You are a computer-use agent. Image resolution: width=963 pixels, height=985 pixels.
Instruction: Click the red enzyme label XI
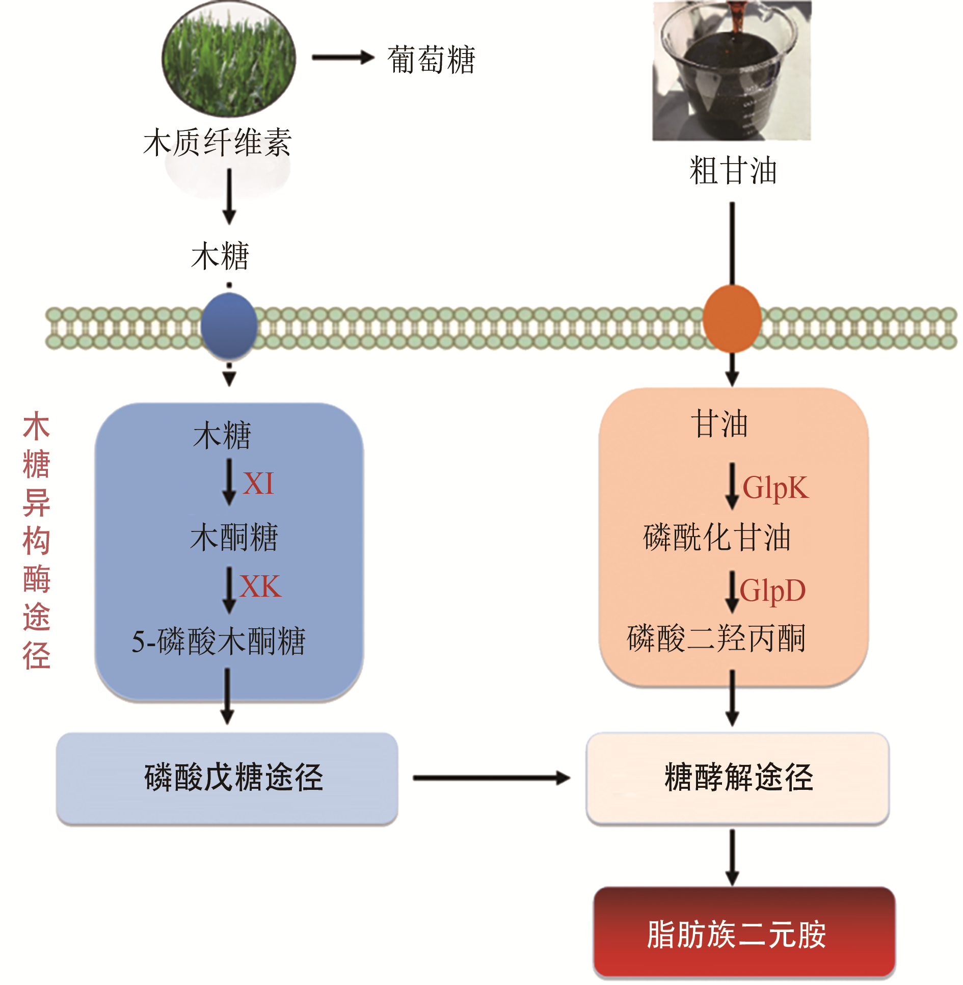[258, 484]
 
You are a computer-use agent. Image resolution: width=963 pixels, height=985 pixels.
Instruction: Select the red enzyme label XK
[260, 587]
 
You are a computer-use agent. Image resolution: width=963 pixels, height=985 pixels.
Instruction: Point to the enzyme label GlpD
[772, 591]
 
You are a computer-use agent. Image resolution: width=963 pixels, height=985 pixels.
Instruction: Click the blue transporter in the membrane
[229, 325]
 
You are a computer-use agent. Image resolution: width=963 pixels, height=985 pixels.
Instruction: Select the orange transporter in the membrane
[732, 319]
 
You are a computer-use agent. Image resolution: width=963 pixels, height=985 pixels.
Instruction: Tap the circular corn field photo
[229, 59]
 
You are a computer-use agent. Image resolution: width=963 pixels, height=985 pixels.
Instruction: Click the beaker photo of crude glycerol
[732, 70]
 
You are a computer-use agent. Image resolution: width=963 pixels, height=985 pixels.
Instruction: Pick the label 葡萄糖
[431, 60]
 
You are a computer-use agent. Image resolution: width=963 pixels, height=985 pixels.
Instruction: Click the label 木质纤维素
[218, 142]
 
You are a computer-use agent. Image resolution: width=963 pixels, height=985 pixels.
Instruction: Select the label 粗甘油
[733, 171]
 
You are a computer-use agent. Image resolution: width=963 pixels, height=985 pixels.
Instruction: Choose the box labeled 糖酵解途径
[738, 778]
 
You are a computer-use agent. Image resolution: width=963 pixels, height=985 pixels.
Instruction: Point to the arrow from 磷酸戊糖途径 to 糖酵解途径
[491, 778]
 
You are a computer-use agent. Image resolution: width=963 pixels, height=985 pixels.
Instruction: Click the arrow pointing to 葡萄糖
[343, 58]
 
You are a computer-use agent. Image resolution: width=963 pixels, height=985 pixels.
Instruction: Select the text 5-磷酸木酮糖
[218, 641]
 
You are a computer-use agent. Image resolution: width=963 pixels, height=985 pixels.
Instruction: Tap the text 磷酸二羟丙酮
[716, 638]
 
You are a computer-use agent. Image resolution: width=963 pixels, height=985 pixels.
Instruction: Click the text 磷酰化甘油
[716, 537]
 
